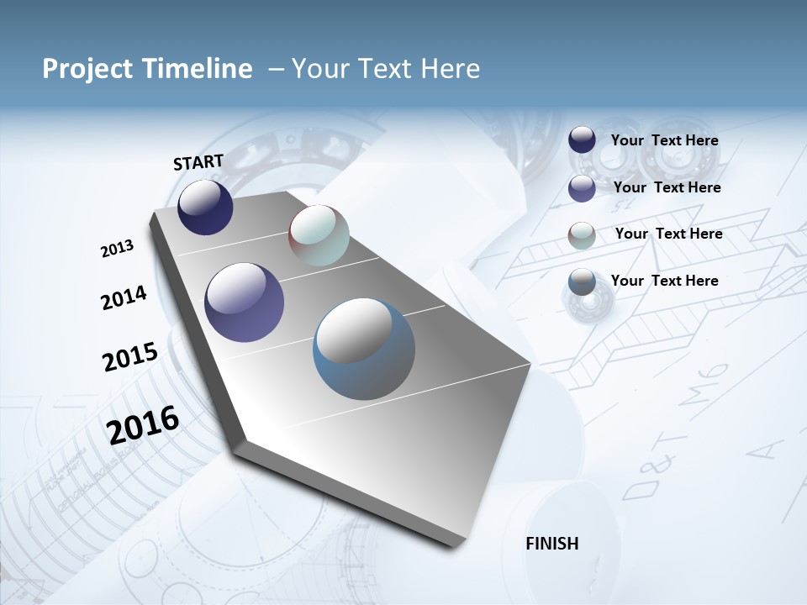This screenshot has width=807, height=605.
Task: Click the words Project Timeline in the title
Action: [x=147, y=69]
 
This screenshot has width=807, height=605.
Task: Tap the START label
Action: [x=198, y=162]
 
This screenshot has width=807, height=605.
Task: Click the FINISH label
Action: [x=552, y=544]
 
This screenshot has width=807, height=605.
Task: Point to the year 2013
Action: [x=117, y=249]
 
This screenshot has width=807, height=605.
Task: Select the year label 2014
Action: [x=124, y=297]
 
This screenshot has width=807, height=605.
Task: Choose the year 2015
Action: [x=129, y=357]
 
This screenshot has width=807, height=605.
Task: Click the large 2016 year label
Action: [x=143, y=424]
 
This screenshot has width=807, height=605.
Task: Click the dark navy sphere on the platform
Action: [x=205, y=207]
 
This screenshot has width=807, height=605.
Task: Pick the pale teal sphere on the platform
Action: [x=319, y=235]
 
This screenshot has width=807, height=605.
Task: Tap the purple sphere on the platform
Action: [x=245, y=302]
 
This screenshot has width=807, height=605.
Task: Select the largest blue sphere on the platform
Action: [x=364, y=349]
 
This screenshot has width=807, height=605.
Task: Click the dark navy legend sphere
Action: [x=582, y=139]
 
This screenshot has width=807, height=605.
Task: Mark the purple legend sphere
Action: [x=582, y=188]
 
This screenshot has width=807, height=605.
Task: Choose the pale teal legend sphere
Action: [x=582, y=235]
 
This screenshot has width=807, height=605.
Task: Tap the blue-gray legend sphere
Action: [x=582, y=282]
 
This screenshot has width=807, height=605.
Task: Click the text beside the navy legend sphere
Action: [x=664, y=141]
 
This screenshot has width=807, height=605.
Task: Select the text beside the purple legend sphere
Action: [x=667, y=187]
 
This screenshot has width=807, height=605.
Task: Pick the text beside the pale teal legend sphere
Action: [x=668, y=234]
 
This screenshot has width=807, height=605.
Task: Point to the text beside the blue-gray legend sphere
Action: [x=664, y=281]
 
